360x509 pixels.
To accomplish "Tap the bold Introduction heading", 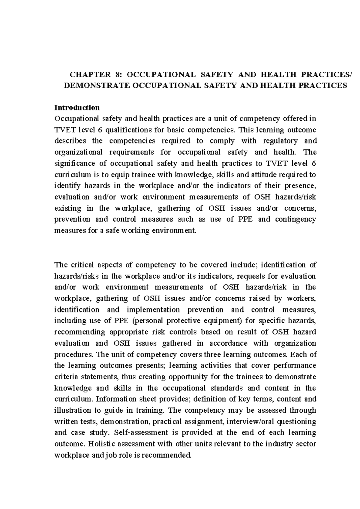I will click(x=77, y=107).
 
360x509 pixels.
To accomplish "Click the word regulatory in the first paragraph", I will click(x=280, y=141).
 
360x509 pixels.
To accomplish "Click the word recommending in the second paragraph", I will click(x=79, y=332).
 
